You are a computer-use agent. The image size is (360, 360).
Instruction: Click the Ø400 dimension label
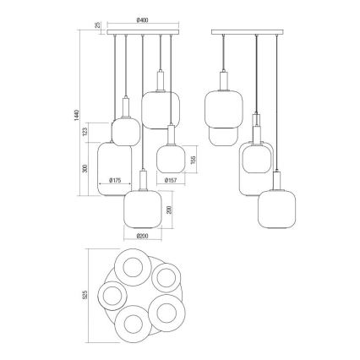(x=142, y=20)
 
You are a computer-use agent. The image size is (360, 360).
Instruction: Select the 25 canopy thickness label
(x=98, y=25)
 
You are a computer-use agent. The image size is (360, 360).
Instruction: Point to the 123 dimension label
(x=85, y=132)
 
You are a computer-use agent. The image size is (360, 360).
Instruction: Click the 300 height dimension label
(x=85, y=168)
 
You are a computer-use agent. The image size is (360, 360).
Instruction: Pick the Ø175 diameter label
(x=115, y=180)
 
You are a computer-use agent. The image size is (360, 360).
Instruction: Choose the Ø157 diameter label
(x=171, y=180)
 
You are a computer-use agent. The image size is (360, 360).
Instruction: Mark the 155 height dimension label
(x=193, y=160)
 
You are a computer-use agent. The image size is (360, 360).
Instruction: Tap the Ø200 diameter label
(x=143, y=236)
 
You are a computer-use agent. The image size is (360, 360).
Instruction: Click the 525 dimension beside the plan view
(x=85, y=295)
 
